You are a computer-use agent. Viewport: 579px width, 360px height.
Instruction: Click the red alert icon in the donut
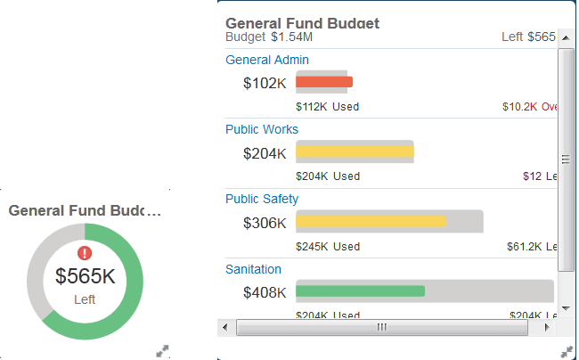point(85,253)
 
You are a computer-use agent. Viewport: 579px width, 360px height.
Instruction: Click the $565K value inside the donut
point(85,276)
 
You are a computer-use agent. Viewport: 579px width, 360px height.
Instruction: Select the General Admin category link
point(267,60)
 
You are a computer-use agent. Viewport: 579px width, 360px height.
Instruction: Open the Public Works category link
point(262,129)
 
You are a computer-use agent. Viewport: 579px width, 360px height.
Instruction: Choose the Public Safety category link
point(262,199)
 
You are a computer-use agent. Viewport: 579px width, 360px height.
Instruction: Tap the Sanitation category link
point(253,269)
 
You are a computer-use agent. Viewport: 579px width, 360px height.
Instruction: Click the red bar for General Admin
point(324,82)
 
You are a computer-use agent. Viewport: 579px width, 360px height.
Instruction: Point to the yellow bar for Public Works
point(355,151)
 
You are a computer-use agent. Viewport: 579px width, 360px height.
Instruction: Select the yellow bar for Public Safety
point(370,221)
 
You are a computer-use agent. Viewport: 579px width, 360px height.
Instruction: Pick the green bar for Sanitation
point(360,290)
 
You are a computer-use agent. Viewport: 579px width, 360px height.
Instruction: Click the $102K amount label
point(265,83)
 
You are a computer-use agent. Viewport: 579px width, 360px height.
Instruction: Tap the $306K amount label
point(265,223)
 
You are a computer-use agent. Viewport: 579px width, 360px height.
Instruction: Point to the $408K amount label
point(265,292)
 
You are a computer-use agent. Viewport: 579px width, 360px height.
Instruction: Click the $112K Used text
point(327,107)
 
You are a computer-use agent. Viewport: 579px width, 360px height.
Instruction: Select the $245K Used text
point(327,246)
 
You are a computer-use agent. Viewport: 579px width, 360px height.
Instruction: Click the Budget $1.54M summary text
point(269,37)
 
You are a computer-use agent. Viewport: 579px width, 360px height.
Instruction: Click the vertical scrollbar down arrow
point(565,308)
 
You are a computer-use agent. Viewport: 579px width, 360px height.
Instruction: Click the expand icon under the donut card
point(163,351)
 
